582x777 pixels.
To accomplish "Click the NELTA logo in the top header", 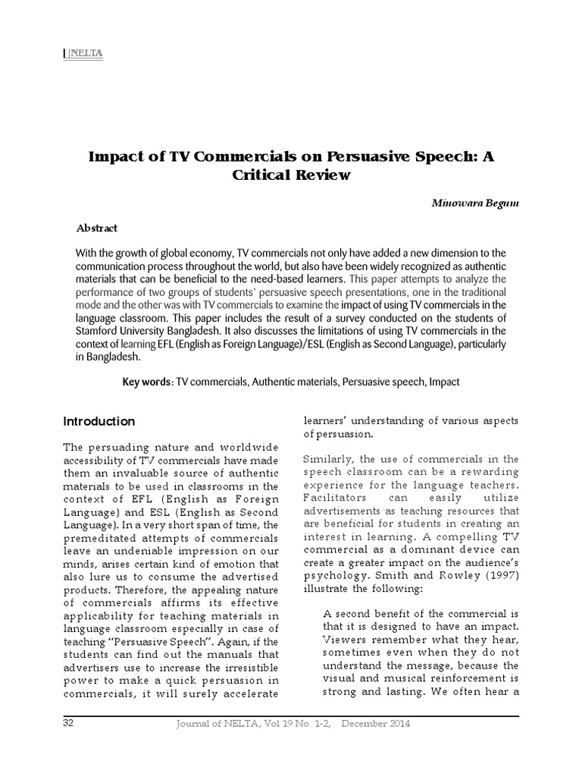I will click(86, 53).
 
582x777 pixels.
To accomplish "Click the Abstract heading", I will click(97, 228).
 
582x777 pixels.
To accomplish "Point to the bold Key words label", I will click(148, 382).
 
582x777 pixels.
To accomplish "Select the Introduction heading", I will click(99, 422).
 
